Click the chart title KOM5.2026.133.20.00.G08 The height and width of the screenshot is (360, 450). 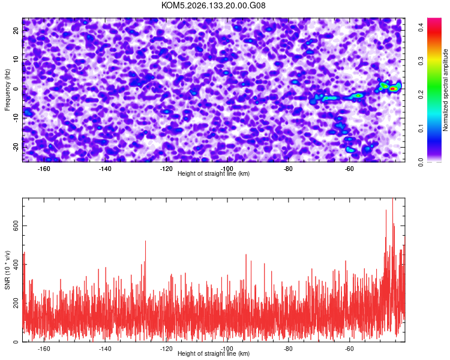pos(213,5)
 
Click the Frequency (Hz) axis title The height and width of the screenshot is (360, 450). pos(7,90)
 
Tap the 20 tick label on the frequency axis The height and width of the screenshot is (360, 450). pos(16,31)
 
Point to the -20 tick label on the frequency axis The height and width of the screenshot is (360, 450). pos(16,147)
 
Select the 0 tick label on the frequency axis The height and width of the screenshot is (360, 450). pos(16,89)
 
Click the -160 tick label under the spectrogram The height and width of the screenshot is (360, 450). pos(44,169)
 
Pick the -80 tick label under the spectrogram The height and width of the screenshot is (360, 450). pos(288,169)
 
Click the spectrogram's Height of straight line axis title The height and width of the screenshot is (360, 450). pos(214,173)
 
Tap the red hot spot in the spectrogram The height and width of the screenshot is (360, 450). pos(392,89)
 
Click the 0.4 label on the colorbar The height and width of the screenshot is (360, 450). pos(421,28)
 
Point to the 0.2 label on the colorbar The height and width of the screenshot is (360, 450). pos(421,94)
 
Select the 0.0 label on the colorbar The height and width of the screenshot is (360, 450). pos(421,162)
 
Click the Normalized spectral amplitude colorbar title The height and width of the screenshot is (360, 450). pos(445,89)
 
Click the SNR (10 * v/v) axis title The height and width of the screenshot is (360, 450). pos(7,270)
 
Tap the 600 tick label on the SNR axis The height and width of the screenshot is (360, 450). pos(16,226)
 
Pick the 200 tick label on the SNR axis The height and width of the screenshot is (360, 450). pos(16,303)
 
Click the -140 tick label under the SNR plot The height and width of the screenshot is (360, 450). pos(105,349)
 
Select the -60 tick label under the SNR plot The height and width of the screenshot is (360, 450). pos(349,349)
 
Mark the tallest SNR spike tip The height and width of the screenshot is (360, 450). pos(392,198)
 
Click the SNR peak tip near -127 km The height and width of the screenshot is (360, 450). pos(146,241)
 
